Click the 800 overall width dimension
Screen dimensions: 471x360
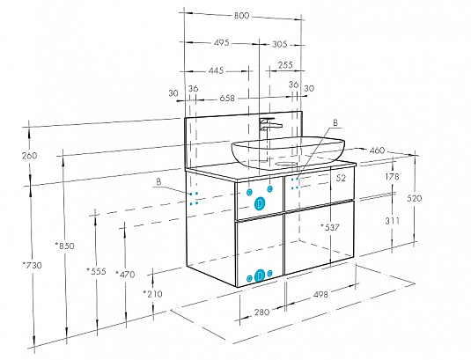pyautogui.click(x=241, y=15)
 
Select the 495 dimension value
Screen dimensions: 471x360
pyautogui.click(x=222, y=42)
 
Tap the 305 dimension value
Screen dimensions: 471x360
pyautogui.click(x=280, y=44)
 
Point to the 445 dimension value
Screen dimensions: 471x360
pyautogui.click(x=216, y=70)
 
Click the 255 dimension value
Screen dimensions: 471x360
pyautogui.click(x=285, y=65)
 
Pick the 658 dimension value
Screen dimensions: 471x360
pyautogui.click(x=227, y=99)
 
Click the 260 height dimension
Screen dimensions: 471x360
pyautogui.click(x=30, y=156)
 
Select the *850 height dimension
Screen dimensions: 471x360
pyautogui.click(x=64, y=246)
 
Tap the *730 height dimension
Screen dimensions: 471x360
pyautogui.click(x=33, y=265)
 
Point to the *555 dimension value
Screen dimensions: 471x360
pyautogui.click(x=97, y=271)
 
